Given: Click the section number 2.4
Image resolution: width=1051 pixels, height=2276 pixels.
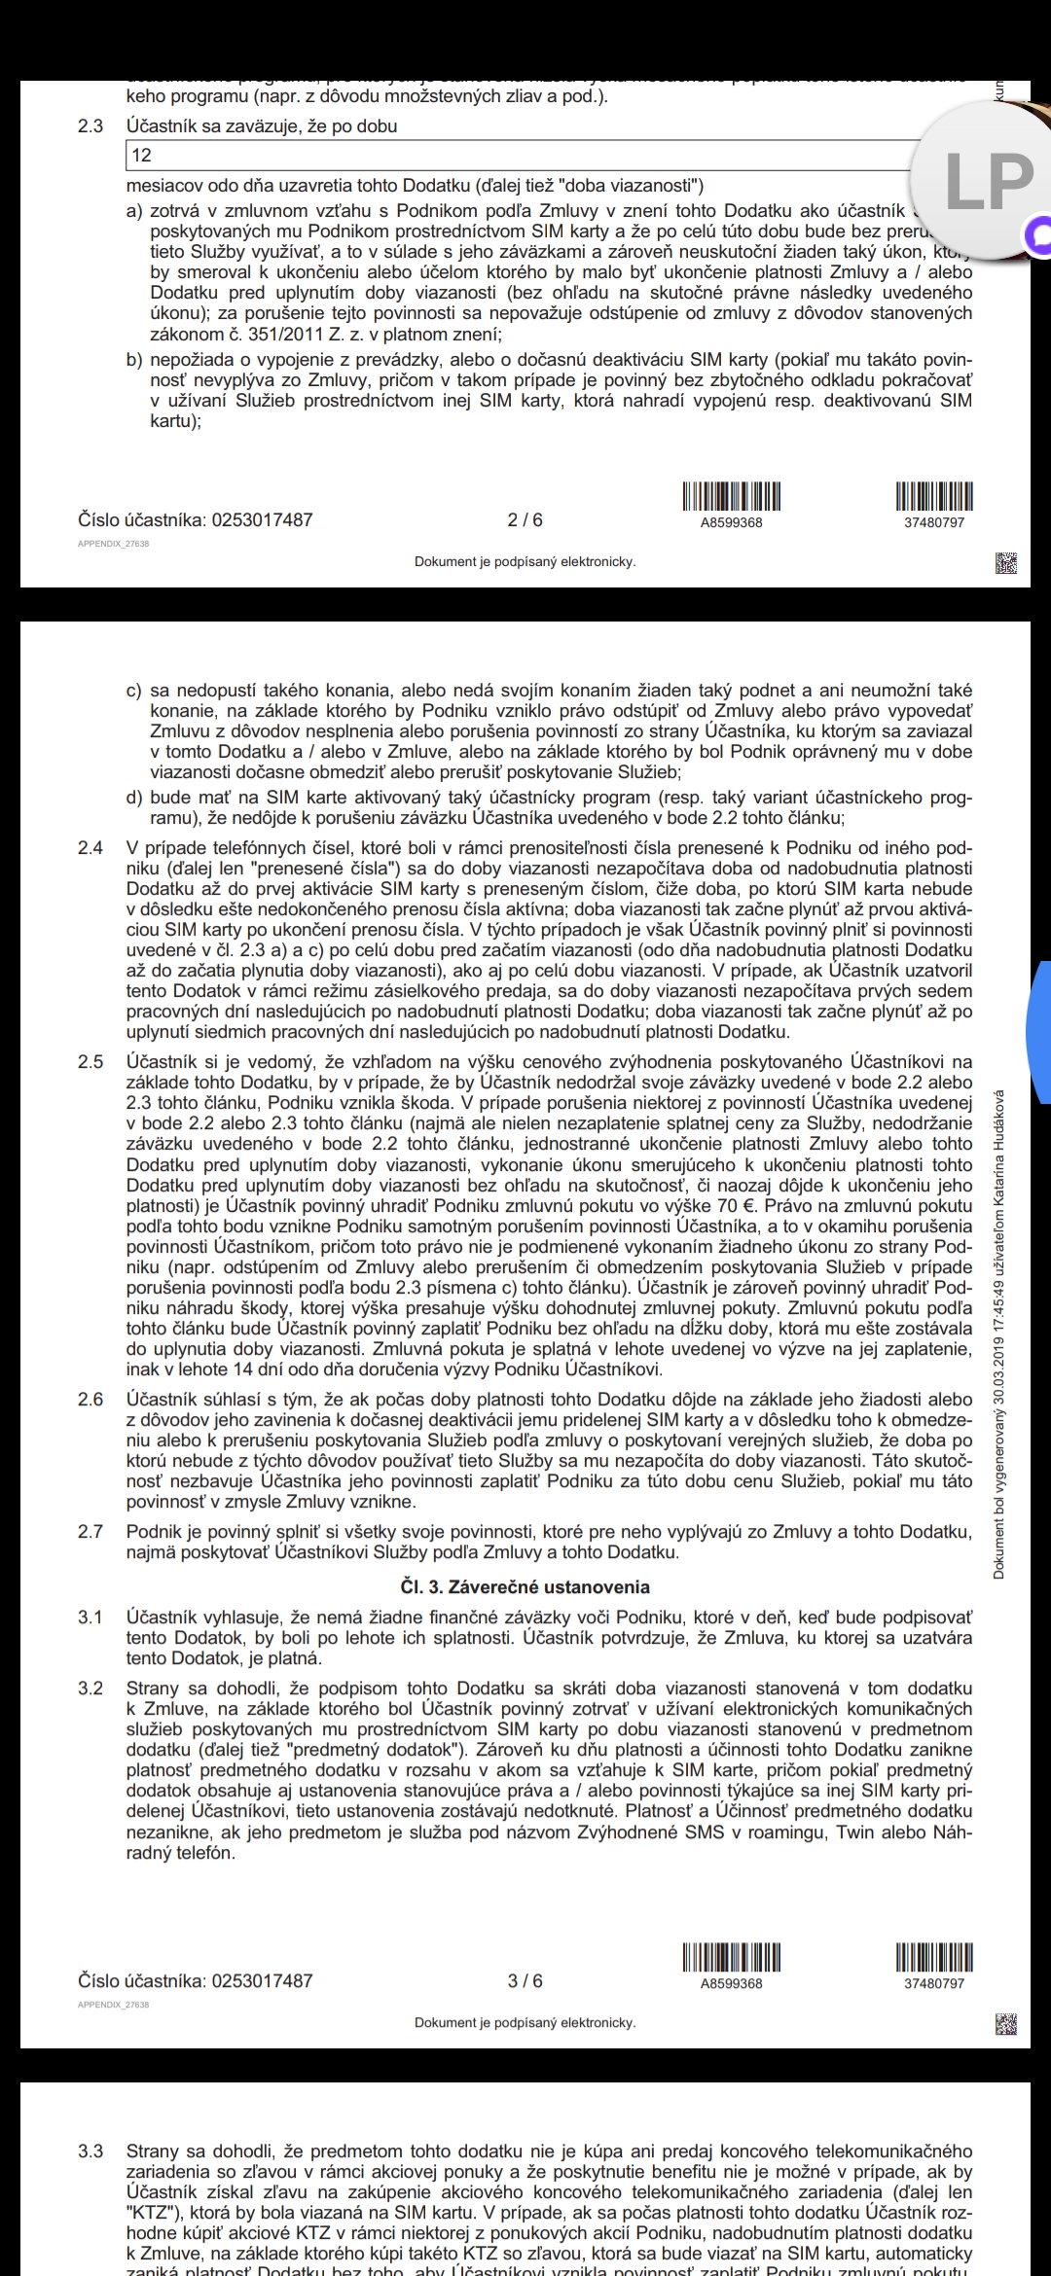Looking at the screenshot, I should (x=91, y=848).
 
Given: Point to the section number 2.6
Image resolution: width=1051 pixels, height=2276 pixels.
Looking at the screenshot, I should (x=91, y=1400).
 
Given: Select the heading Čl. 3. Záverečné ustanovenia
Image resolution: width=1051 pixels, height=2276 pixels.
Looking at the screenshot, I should (x=525, y=1587).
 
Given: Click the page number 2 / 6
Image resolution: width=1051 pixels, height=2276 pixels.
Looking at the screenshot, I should (x=525, y=520).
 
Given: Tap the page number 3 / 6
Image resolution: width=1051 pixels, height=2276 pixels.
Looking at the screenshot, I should (x=525, y=1981).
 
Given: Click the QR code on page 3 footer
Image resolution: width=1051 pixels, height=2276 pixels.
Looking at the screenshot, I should (x=1006, y=2025).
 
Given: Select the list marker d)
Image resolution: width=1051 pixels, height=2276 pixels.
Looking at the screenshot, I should (x=134, y=798).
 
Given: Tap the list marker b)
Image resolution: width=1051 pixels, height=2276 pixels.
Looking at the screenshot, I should (x=134, y=360).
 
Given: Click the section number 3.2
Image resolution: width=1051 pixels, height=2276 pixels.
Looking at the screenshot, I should (x=91, y=1689).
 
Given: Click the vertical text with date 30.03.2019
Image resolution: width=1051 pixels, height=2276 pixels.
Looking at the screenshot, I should (x=999, y=1333).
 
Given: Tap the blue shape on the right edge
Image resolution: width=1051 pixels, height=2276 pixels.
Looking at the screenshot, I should (x=1040, y=1031).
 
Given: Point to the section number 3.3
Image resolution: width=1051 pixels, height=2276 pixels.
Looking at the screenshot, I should (x=91, y=2152).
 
